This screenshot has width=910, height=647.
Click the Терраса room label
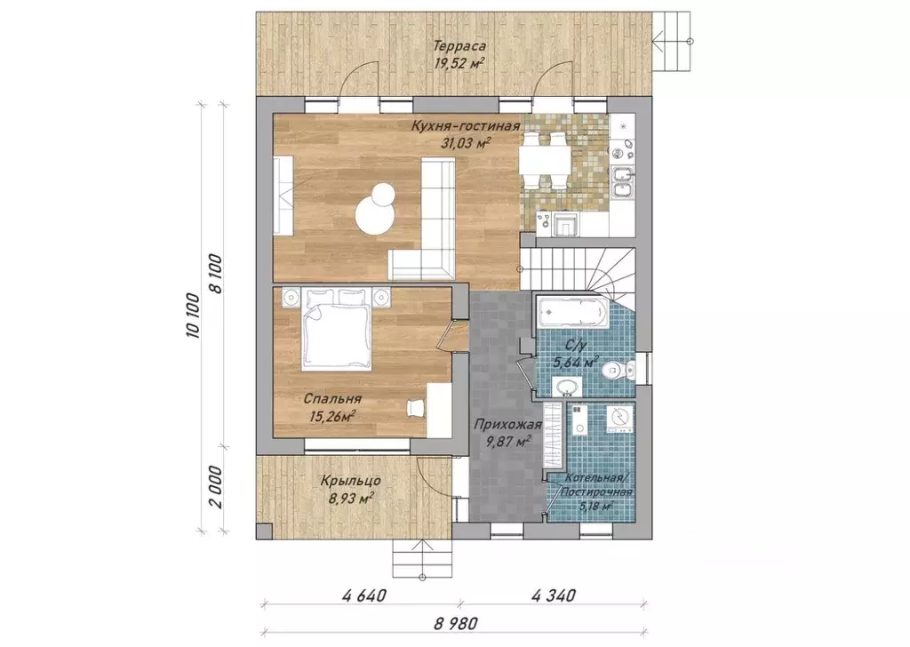pyautogui.click(x=459, y=46)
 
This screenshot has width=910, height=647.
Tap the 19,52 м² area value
pyautogui.click(x=459, y=63)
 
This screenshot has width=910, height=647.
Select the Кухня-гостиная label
pyautogui.click(x=465, y=126)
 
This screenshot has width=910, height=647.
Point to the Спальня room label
pyautogui.click(x=332, y=399)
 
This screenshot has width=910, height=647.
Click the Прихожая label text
pyautogui.click(x=507, y=425)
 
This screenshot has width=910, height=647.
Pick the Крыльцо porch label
pyautogui.click(x=350, y=481)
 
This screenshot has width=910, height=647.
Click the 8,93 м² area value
pyautogui.click(x=349, y=498)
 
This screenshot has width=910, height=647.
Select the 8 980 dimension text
pyautogui.click(x=456, y=624)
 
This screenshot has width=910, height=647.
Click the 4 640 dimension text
pyautogui.click(x=364, y=596)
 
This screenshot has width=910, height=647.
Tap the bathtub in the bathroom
pyautogui.click(x=571, y=313)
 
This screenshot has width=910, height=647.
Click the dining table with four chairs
pyautogui.click(x=545, y=160)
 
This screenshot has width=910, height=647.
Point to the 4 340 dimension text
pyautogui.click(x=553, y=596)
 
